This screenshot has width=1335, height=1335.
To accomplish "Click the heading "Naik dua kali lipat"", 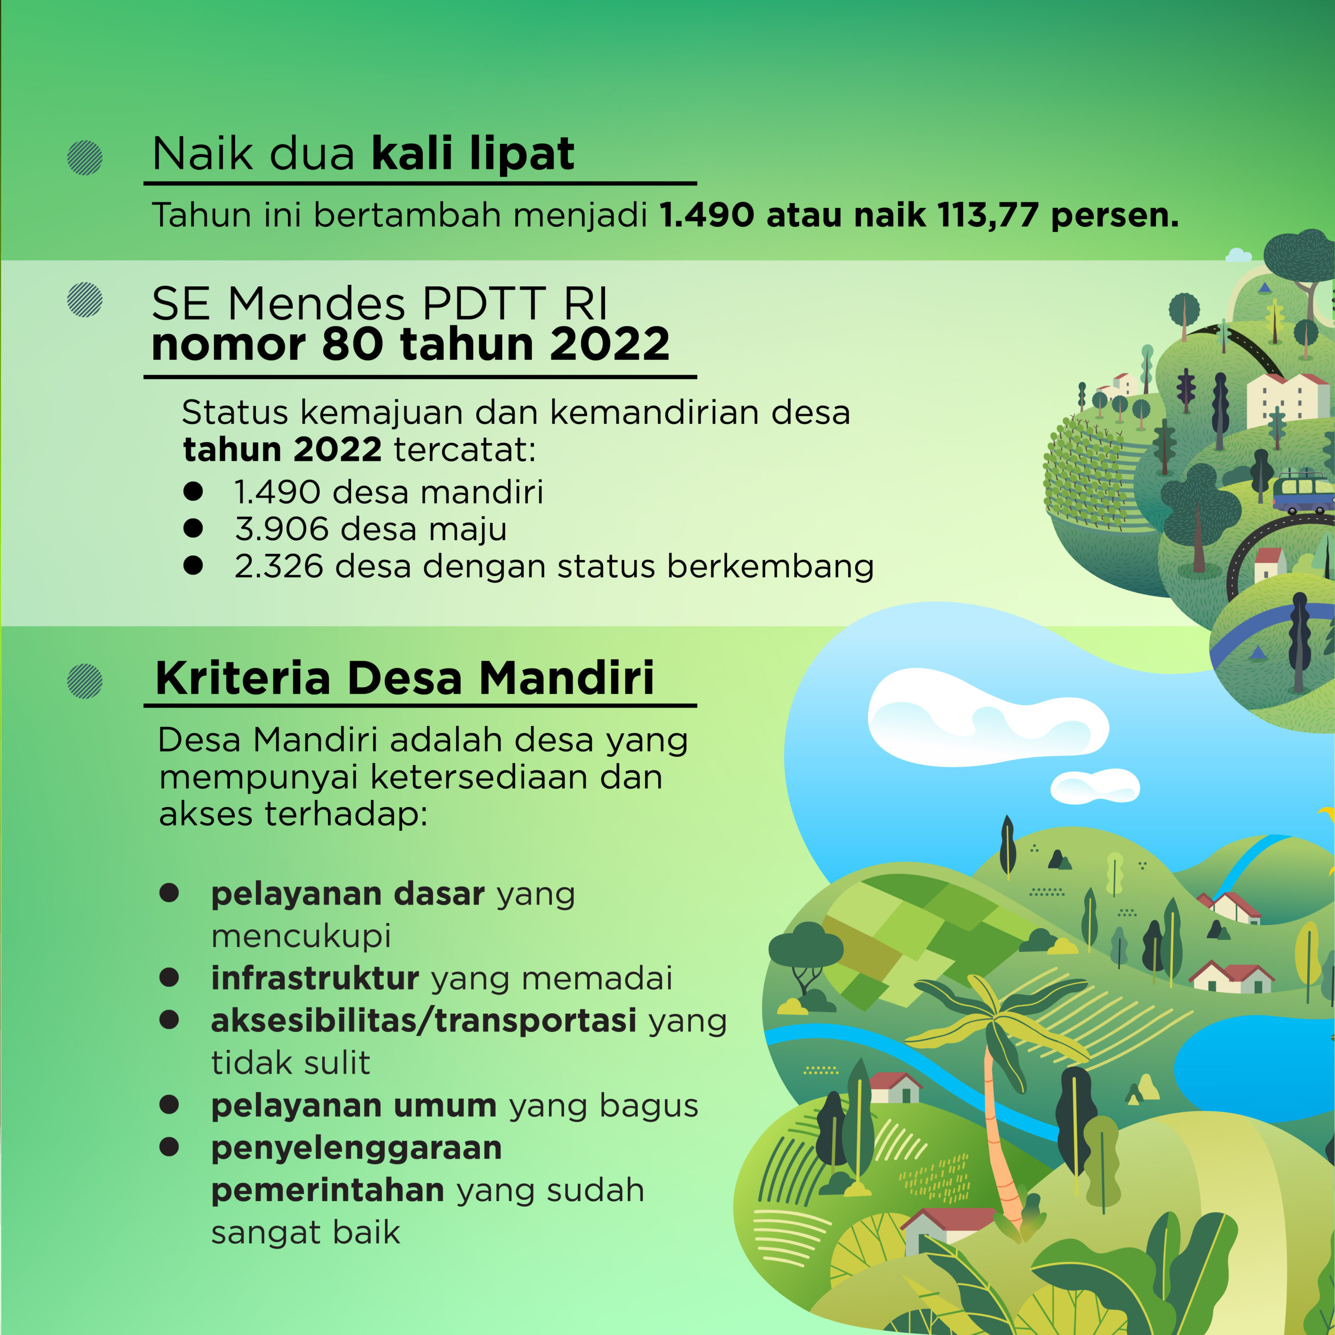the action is click(x=363, y=153).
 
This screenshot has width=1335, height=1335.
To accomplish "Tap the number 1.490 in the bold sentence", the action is click(x=706, y=215).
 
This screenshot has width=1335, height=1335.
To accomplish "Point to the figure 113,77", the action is click(x=988, y=215).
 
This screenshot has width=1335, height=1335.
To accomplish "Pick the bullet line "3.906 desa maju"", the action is click(x=370, y=529).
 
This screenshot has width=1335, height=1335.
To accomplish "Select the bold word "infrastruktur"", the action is click(x=315, y=978).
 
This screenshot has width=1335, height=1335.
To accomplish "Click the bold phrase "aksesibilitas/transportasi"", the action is click(x=423, y=1021).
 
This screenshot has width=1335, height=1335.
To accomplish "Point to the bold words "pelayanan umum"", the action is click(x=354, y=1106).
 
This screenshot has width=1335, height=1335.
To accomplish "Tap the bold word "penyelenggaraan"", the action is click(x=357, y=1148).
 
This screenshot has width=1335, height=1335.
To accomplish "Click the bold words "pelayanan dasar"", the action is click(x=348, y=894).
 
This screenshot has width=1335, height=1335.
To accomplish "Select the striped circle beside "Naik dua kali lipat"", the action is click(x=85, y=157).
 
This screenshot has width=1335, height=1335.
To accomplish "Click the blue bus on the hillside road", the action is click(x=1303, y=491).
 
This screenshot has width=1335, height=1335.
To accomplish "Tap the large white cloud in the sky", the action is click(x=984, y=717).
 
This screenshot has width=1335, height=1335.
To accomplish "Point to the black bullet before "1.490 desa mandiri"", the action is click(x=193, y=491).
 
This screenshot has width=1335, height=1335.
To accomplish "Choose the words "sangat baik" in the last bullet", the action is click(x=306, y=1233).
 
